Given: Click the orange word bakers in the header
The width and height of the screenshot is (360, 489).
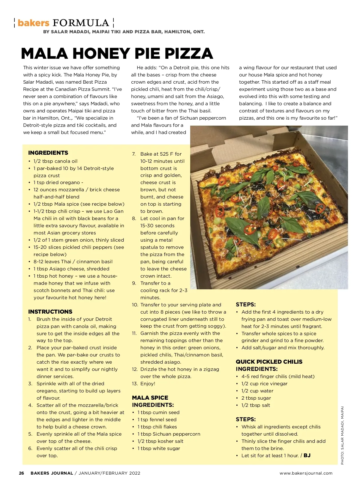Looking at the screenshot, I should tap(33, 23).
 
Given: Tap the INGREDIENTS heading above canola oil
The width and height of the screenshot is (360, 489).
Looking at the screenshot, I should tap(48, 153).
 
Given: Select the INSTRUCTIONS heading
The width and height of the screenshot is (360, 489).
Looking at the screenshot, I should tap(50, 312).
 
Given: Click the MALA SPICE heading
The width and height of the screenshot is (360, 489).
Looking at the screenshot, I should tap(150, 398).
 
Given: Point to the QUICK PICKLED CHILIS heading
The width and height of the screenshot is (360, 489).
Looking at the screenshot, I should tap(269, 362).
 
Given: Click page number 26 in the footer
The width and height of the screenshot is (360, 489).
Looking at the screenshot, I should tap(22, 473).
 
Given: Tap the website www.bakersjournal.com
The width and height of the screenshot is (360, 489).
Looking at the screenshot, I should tap(306, 473).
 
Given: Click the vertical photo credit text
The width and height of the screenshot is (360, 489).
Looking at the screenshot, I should tap(342, 435).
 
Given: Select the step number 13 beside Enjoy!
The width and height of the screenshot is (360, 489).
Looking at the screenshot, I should tap(135, 383).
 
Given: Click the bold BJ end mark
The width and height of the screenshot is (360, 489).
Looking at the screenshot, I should tap(307, 455).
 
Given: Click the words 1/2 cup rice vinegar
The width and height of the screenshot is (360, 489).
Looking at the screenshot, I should tap(264, 383).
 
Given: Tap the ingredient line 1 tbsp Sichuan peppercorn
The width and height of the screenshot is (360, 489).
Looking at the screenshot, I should tap(169, 434).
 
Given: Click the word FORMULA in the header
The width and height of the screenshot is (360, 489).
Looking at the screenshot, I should tap(81, 23).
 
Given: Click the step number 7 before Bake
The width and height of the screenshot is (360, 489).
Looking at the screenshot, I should tap(134, 154).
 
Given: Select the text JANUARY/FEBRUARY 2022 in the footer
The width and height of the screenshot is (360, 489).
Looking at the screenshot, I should tap(109, 473).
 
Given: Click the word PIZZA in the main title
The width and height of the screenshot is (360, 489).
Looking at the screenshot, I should tap(189, 54).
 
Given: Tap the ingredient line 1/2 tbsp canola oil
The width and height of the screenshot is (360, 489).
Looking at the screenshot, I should tap(55, 161).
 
